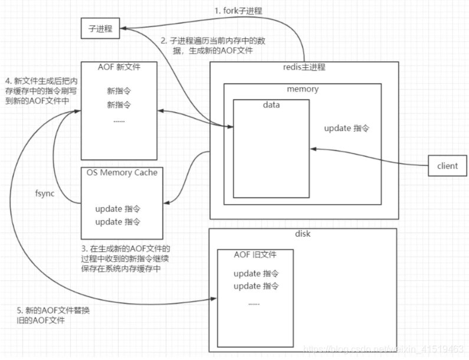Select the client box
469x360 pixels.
pyautogui.click(x=447, y=165)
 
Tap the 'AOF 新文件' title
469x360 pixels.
pyautogui.click(x=120, y=67)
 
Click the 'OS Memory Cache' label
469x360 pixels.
pyautogui.click(x=122, y=172)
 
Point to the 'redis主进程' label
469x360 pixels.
pyautogui.click(x=303, y=67)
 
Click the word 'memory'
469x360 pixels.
pyautogui.click(x=302, y=89)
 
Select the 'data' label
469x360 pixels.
pyautogui.click(x=271, y=105)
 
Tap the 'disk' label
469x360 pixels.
pyautogui.click(x=302, y=234)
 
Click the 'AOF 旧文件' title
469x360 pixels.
pyautogui.click(x=255, y=255)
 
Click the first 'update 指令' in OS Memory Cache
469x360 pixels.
pyautogui.click(x=118, y=209)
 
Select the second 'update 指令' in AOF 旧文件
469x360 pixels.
pyautogui.click(x=255, y=286)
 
